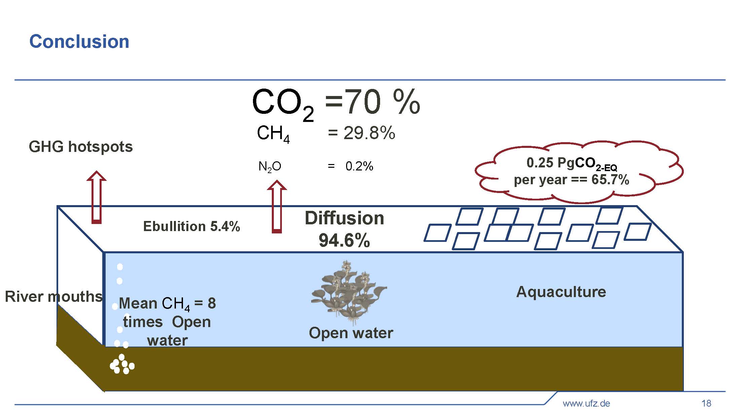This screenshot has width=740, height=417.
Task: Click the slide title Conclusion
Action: point(79,41)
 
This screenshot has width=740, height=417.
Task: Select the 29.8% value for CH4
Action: point(369,133)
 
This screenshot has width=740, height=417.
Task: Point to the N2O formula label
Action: point(269,166)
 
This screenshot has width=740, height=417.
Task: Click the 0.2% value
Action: point(359,166)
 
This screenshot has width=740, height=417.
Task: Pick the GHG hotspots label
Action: point(81,147)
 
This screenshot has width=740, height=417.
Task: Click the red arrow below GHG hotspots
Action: point(97,197)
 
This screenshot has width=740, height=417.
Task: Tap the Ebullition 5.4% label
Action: point(191,226)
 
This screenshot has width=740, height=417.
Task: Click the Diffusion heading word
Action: point(344,218)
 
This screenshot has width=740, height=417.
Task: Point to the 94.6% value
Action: point(344,240)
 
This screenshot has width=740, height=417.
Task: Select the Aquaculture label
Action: point(561,292)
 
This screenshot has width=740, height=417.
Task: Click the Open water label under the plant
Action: point(351,333)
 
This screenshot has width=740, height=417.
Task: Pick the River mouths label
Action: point(53,296)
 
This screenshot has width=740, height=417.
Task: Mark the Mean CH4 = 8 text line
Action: point(167,303)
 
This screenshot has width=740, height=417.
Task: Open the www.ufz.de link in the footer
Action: point(586,403)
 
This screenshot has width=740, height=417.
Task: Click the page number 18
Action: point(706,403)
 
